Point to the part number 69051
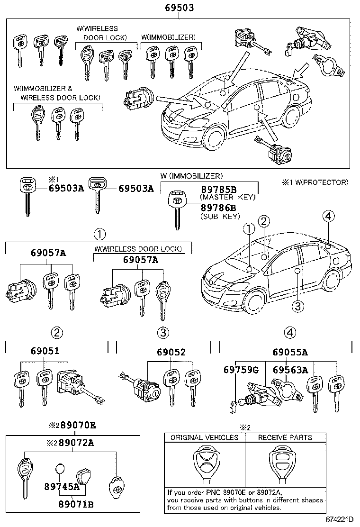point(45,352)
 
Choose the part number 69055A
point(290,352)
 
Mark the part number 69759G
point(241,370)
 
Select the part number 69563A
point(290,370)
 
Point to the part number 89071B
point(75,503)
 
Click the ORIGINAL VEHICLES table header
point(205,437)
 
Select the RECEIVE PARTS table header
point(285,437)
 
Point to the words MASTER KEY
point(228,197)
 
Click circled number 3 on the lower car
point(297,307)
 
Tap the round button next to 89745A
point(59,470)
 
